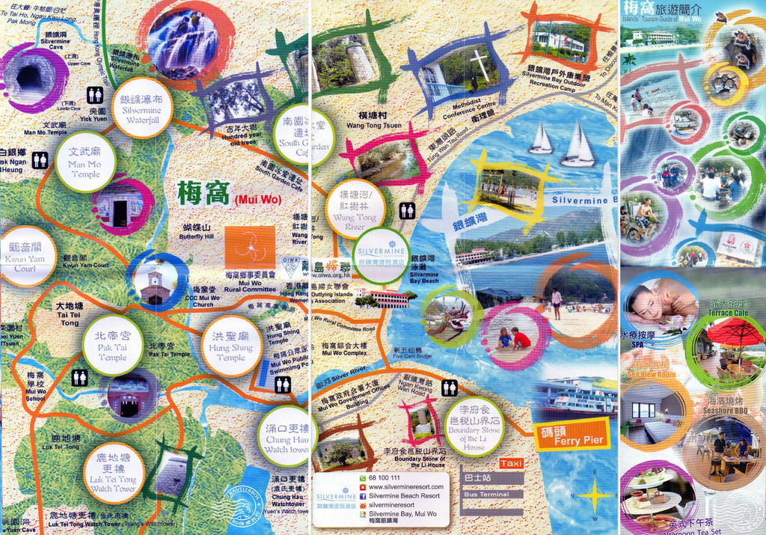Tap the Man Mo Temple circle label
(85, 162)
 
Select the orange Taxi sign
(512, 463)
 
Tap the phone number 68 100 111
(384, 477)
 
